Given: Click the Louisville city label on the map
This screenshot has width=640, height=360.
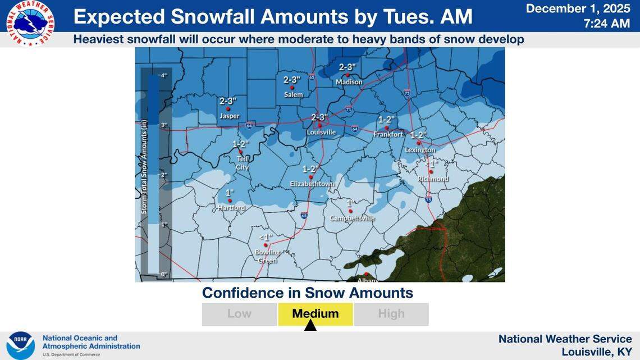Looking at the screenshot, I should (321, 133).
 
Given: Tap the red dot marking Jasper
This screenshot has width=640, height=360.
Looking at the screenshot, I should (228, 109).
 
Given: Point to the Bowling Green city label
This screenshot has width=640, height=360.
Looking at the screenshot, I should (267, 256).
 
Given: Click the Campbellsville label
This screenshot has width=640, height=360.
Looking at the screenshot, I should (352, 218).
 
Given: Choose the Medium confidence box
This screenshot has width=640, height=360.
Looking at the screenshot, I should (316, 314).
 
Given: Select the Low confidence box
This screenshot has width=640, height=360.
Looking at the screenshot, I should (240, 314).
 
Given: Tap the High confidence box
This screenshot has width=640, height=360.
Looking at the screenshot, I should (391, 314).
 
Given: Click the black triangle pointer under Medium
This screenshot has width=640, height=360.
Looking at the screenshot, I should (310, 326).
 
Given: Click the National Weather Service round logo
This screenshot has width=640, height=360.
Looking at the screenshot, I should (30, 23).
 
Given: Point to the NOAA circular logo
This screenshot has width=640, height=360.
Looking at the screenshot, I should (21, 345).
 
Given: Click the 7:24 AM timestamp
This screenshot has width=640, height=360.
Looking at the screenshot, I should (606, 24).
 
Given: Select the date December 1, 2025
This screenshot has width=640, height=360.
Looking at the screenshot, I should (578, 8).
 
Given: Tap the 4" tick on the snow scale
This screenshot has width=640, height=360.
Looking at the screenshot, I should (163, 75).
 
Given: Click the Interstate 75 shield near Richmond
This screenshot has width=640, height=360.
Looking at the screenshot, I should (429, 199).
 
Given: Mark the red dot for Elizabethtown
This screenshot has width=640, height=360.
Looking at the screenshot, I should (310, 176).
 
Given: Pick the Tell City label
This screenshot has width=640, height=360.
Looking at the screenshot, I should (241, 163).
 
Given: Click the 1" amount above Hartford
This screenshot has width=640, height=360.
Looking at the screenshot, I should (229, 193).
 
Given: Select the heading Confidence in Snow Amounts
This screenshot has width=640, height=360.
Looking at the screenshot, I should (307, 293).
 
